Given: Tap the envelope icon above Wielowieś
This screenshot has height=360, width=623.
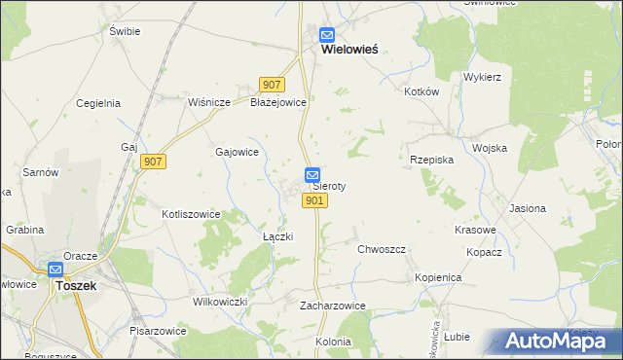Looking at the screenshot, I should pyautogui.click(x=327, y=32).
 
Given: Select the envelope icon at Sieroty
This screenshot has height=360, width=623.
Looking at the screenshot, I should pyautogui.click(x=312, y=175).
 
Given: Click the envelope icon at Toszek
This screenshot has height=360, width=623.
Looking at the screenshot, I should pyautogui.click(x=55, y=270).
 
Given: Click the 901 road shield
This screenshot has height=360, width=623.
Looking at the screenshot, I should pyautogui.click(x=313, y=200).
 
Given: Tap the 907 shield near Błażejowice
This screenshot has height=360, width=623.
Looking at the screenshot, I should pyautogui.click(x=272, y=85).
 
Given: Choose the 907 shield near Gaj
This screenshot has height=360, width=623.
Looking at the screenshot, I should pyautogui.click(x=153, y=162).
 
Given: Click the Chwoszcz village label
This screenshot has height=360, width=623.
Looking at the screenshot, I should pyautogui.click(x=381, y=249).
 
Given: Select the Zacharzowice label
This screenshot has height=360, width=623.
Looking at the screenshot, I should pyautogui.click(x=332, y=306).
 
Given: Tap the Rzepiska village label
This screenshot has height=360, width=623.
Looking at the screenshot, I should pyautogui.click(x=431, y=160).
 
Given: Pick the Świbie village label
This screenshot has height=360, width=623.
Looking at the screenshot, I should pyautogui.click(x=125, y=31).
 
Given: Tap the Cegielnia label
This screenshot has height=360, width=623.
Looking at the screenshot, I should pyautogui.click(x=97, y=102).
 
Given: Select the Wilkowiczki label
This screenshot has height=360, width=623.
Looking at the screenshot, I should pyautogui.click(x=220, y=302).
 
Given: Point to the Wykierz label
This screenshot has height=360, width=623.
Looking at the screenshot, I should pyautogui.click(x=482, y=76).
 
